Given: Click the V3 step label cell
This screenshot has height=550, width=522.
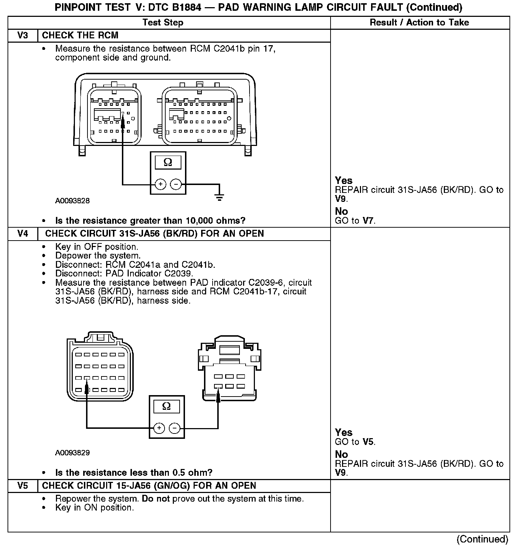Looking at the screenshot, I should pyautogui.click(x=23, y=35).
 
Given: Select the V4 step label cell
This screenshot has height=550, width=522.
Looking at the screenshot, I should pyautogui.click(x=23, y=234).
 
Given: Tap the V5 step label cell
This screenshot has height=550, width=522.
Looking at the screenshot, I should pyautogui.click(x=23, y=486).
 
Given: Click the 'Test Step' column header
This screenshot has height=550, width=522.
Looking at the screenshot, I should pyautogui.click(x=163, y=23).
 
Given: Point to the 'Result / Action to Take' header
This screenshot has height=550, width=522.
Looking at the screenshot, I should pyautogui.click(x=419, y=23).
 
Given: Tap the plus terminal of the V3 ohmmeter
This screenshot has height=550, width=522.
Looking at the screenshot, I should pyautogui.click(x=160, y=185).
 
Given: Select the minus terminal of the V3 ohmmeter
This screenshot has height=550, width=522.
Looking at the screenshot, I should pyautogui.click(x=176, y=185).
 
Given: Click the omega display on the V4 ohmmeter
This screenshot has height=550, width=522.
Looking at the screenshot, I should pyautogui.click(x=166, y=406).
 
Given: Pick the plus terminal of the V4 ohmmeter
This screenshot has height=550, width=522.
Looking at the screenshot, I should pyautogui.click(x=159, y=428).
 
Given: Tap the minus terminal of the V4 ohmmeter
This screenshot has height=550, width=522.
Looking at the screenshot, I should pyautogui.click(x=175, y=428).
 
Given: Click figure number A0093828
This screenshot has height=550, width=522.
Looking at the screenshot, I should pyautogui.click(x=72, y=201).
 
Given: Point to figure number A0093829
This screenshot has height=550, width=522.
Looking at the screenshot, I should pyautogui.click(x=72, y=453).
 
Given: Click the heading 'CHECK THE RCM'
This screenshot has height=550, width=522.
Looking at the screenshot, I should pyautogui.click(x=80, y=35).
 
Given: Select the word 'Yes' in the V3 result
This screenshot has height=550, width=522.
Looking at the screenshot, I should pyautogui.click(x=343, y=181).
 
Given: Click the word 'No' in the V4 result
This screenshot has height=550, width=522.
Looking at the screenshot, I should pyautogui.click(x=341, y=455).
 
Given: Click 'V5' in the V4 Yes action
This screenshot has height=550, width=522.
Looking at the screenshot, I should pyautogui.click(x=368, y=442).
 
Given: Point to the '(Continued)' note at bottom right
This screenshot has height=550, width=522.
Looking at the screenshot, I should pyautogui.click(x=482, y=539).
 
